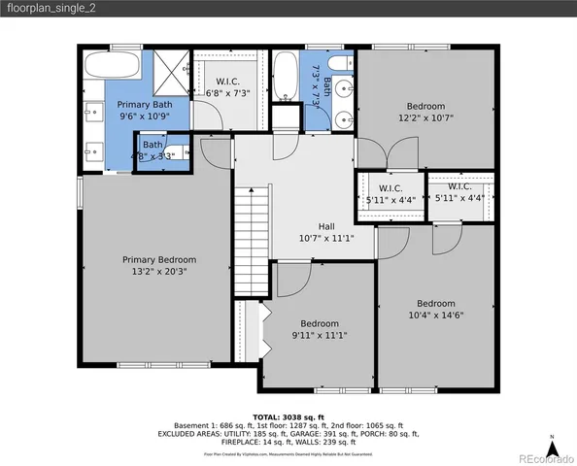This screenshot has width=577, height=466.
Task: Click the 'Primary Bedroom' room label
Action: click(158, 259)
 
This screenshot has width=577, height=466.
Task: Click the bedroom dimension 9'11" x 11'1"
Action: click(319, 335)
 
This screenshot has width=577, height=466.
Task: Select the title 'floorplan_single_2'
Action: click(53, 10)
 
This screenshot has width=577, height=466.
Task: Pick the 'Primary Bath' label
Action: click(145, 104)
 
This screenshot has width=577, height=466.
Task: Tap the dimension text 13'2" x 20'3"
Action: click(158, 273)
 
